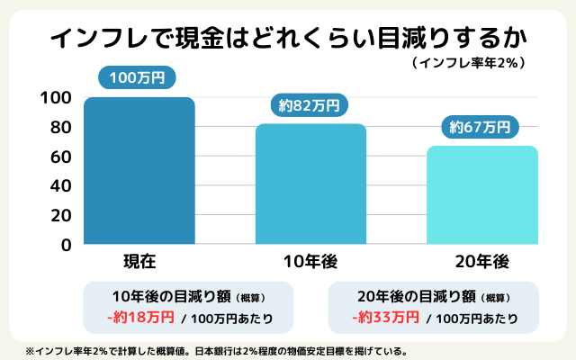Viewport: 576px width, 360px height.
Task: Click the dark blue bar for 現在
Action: pyautogui.click(x=139, y=170)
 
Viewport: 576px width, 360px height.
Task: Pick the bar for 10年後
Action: pyautogui.click(x=310, y=184)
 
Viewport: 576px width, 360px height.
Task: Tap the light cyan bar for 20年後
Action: pyautogui.click(x=481, y=194)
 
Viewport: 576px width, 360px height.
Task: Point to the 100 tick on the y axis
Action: pyautogui.click(x=57, y=97)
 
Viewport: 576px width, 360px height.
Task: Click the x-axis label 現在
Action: pyautogui.click(x=139, y=262)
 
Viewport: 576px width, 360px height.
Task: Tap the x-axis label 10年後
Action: pyautogui.click(x=310, y=262)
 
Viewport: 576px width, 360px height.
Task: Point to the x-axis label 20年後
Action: pyautogui.click(x=481, y=262)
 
